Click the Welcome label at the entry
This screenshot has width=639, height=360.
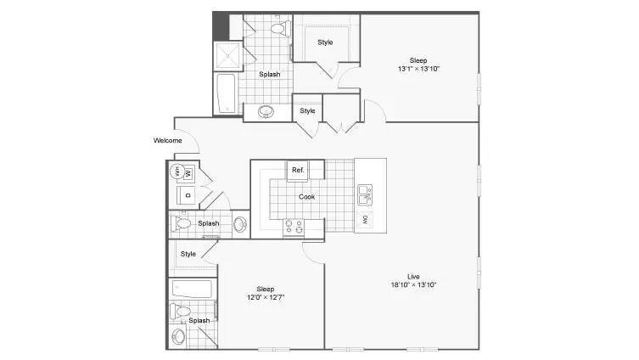[167, 140]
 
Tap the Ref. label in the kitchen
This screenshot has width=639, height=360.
[298, 170]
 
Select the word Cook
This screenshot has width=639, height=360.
[306, 196]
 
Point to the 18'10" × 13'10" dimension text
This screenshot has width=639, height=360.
[413, 285]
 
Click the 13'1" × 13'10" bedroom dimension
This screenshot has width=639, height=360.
[418, 69]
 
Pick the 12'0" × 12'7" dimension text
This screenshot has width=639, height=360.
[266, 297]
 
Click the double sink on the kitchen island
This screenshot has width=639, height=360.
[365, 195]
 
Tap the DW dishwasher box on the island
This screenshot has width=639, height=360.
[365, 220]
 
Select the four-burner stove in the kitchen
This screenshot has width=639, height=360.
[294, 228]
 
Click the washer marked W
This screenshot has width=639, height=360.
[188, 174]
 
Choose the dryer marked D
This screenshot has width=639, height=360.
[187, 195]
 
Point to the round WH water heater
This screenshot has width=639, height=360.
[177, 172]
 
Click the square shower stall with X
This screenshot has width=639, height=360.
[227, 56]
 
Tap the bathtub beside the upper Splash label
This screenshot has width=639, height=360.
[227, 93]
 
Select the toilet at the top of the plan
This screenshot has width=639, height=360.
[280, 28]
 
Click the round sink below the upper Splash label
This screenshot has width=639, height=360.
[266, 111]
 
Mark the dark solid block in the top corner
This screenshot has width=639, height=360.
[221, 26]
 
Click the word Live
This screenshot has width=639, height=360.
[413, 277]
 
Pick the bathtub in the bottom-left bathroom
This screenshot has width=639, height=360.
[192, 289]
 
